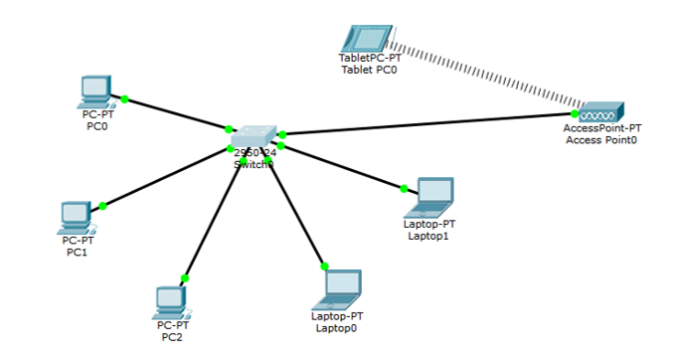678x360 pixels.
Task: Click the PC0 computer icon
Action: [94, 90]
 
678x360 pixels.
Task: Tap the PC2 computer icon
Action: [171, 301]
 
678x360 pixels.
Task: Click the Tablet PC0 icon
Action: [364, 39]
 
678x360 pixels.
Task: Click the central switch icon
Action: [255, 137]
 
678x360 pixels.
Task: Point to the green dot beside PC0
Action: [125, 98]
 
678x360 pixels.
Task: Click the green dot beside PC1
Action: [102, 206]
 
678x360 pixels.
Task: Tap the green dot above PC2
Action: [184, 278]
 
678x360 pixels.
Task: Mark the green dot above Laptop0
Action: [324, 266]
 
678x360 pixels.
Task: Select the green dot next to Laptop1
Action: [404, 188]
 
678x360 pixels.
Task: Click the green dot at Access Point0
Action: [576, 113]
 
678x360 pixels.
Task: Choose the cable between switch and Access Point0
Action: [427, 123]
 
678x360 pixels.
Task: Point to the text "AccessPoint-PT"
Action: [602, 128]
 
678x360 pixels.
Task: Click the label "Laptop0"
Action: [335, 327]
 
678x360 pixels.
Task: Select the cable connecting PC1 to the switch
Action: [164, 178]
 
